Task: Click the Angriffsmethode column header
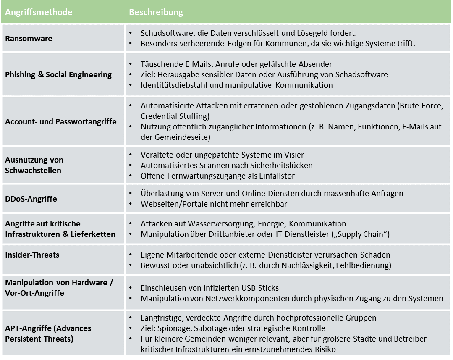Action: pos(39,12)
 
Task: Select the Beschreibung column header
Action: pos(156,12)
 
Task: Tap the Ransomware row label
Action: pos(29,38)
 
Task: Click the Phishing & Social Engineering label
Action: pos(58,75)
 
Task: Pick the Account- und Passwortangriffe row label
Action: pos(61,122)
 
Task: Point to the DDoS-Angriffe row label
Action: pos(30,198)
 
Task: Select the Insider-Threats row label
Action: pos(32,255)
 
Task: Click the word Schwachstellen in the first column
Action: pos(33,170)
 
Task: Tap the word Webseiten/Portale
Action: pos(171,204)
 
